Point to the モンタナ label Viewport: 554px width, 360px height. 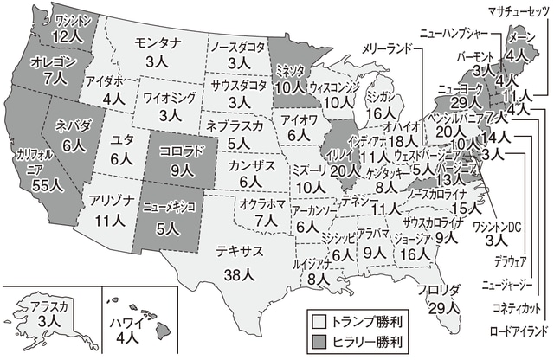tap(157, 42)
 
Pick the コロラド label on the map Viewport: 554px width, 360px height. tap(181, 150)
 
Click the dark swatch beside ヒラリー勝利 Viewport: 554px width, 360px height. tap(319, 340)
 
